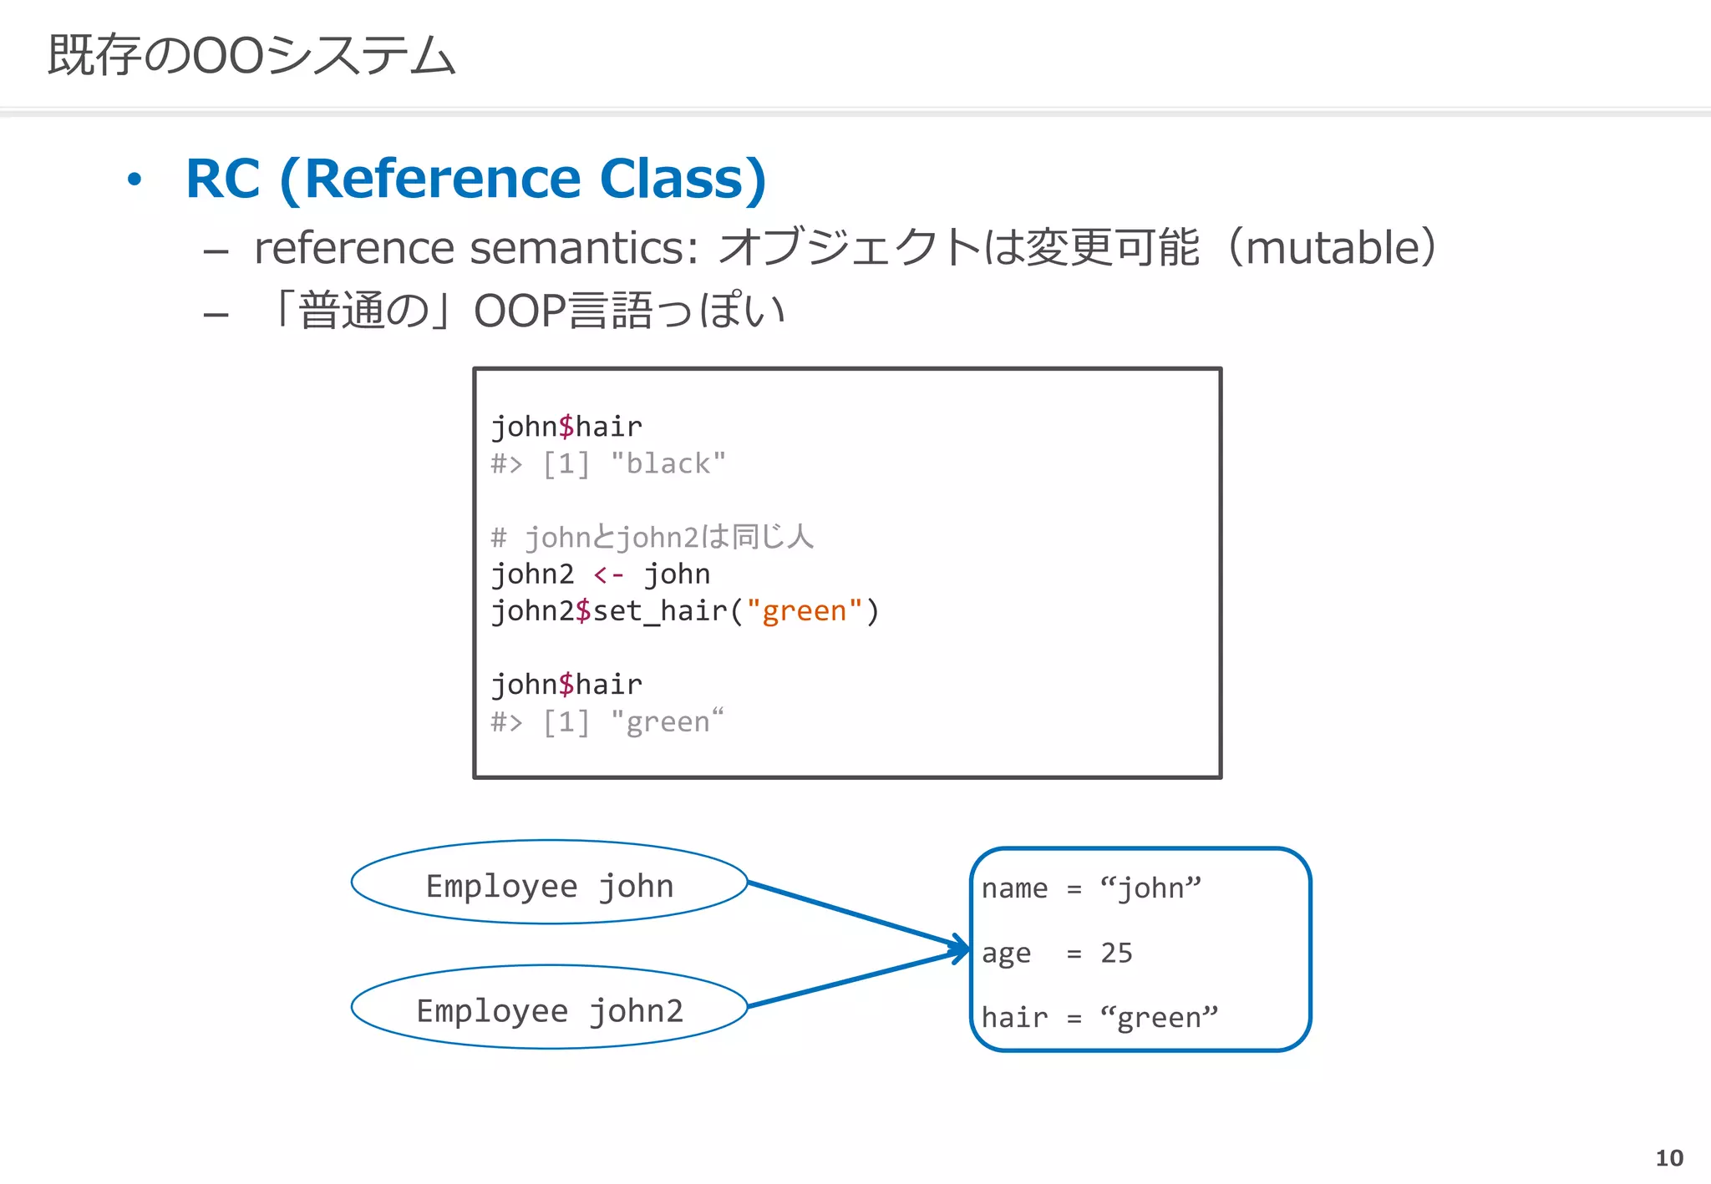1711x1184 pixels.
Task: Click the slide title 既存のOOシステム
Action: (251, 56)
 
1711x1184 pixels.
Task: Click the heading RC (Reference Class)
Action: (475, 179)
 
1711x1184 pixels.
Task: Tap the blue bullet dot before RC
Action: (135, 180)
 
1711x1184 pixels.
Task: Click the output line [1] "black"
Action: (607, 463)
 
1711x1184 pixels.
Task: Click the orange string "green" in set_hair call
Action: (803, 611)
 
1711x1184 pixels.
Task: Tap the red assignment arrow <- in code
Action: (608, 574)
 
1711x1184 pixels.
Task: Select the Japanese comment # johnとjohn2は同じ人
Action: (652, 537)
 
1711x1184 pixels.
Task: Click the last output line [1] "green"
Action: (607, 722)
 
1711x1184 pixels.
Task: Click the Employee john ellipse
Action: (549, 883)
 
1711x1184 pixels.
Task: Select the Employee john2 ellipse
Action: (549, 1008)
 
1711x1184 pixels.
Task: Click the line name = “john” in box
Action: (1090, 888)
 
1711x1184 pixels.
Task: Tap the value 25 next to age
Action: (1116, 953)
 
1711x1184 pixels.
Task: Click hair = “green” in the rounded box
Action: (1099, 1018)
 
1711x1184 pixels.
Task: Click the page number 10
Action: (1668, 1158)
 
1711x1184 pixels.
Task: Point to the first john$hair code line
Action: (566, 427)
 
